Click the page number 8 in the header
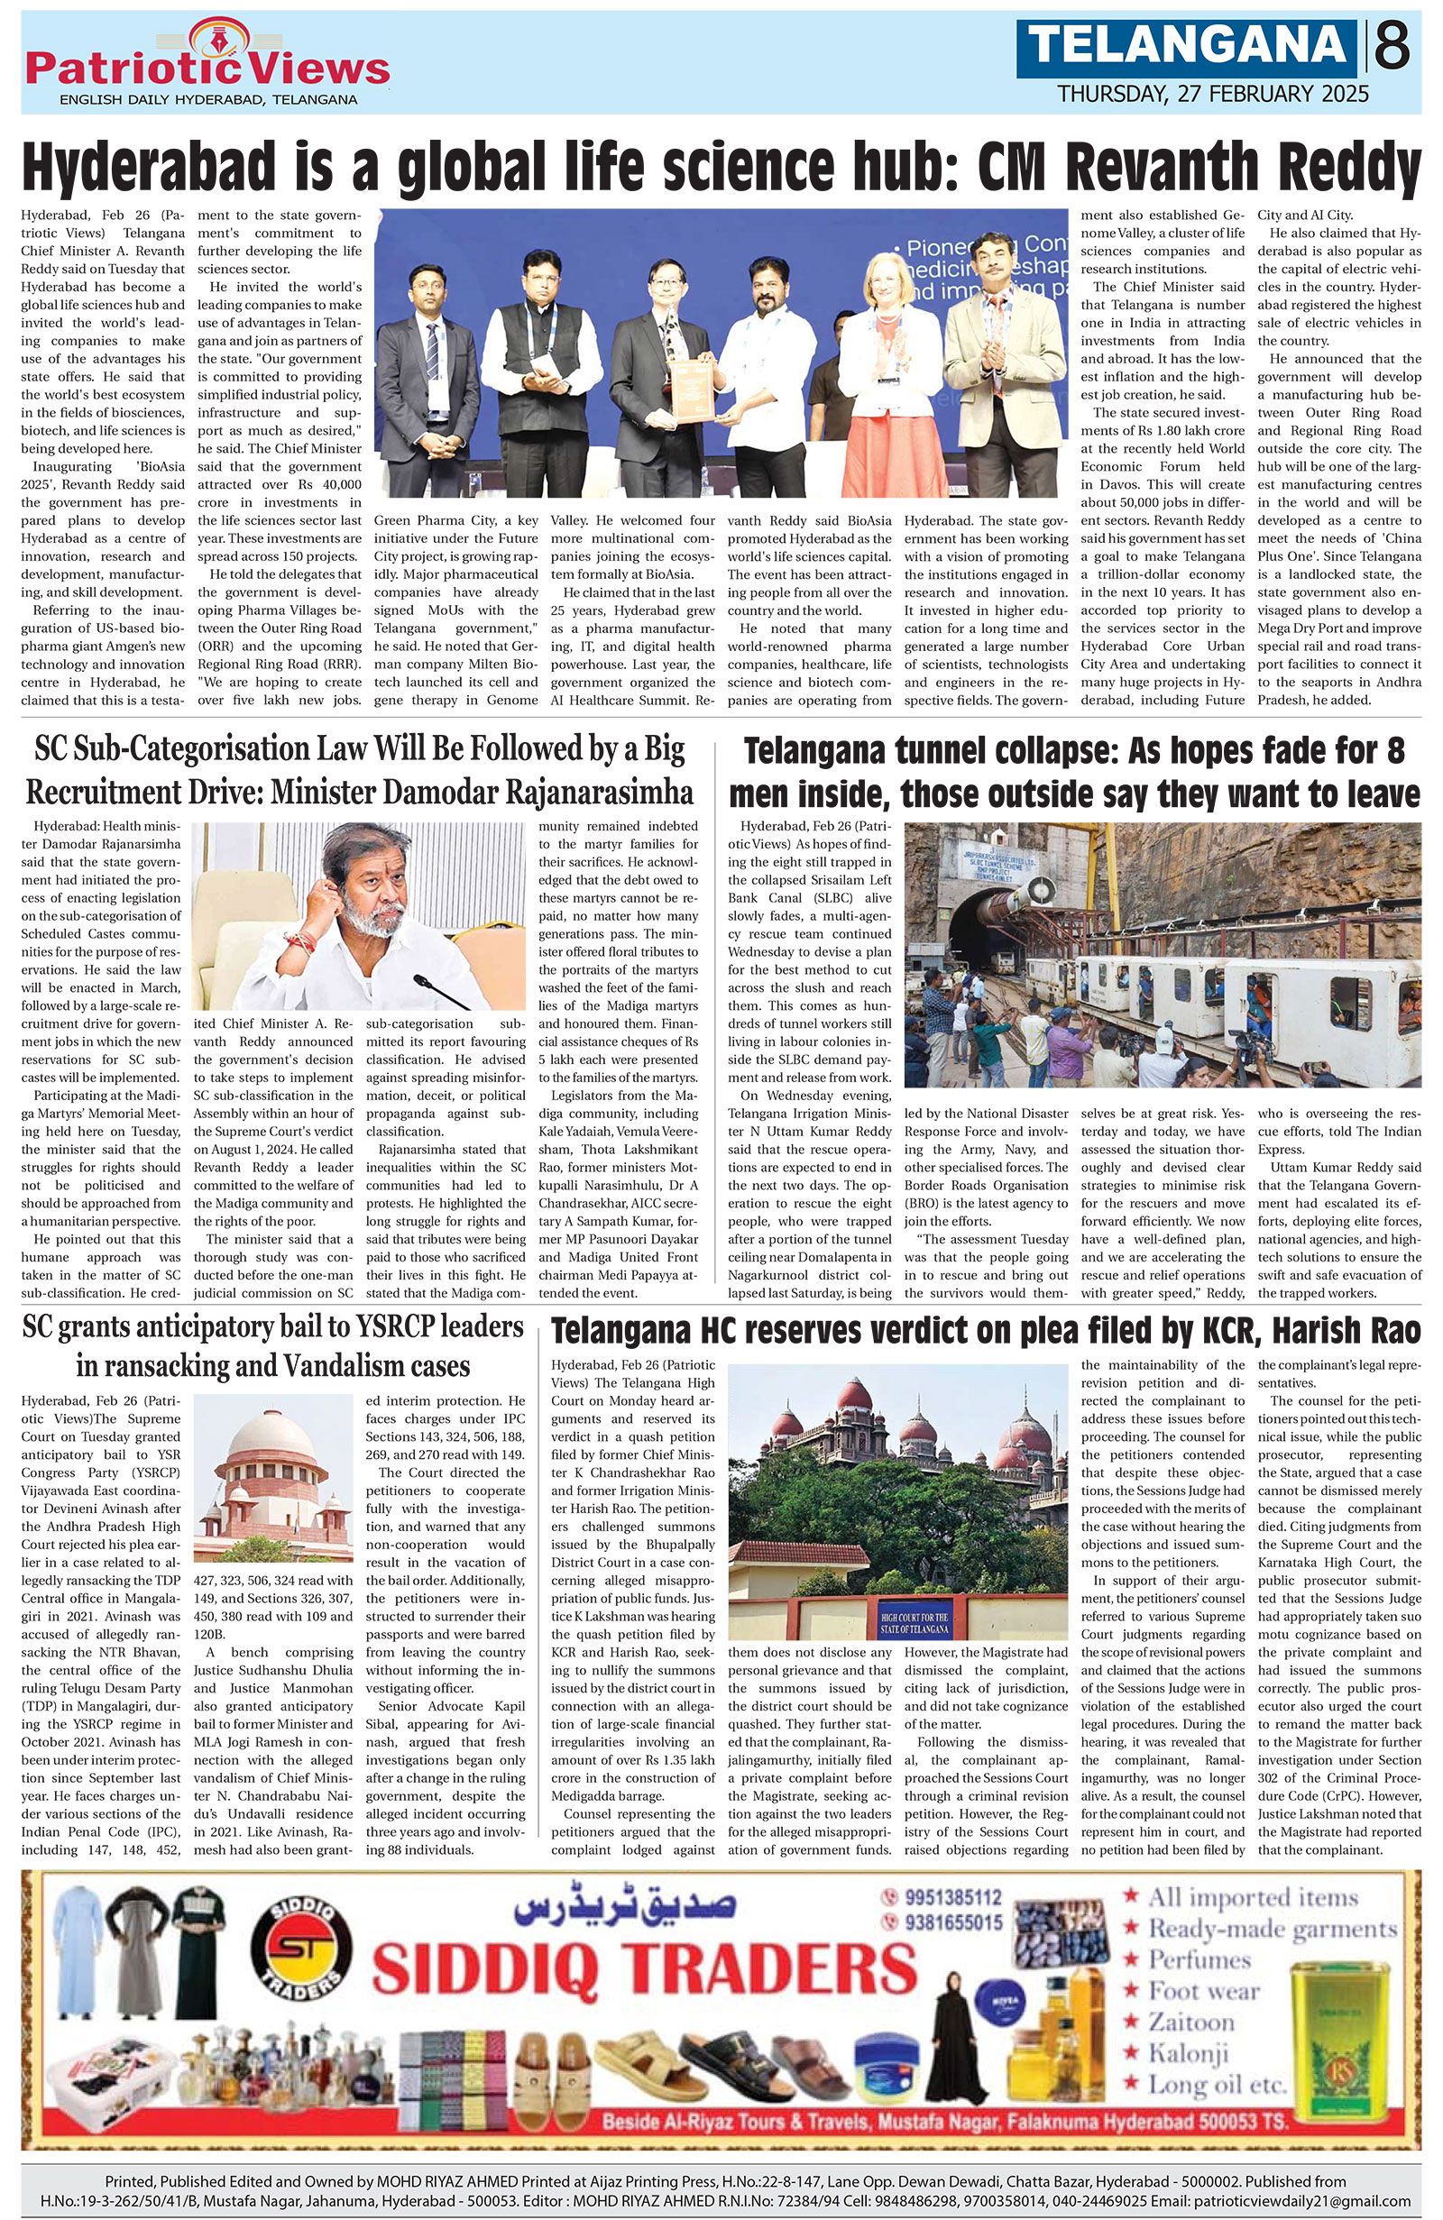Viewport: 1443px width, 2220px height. pos(1392,47)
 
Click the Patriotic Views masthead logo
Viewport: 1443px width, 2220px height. pos(208,65)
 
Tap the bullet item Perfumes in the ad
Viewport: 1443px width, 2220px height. pos(1198,1959)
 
